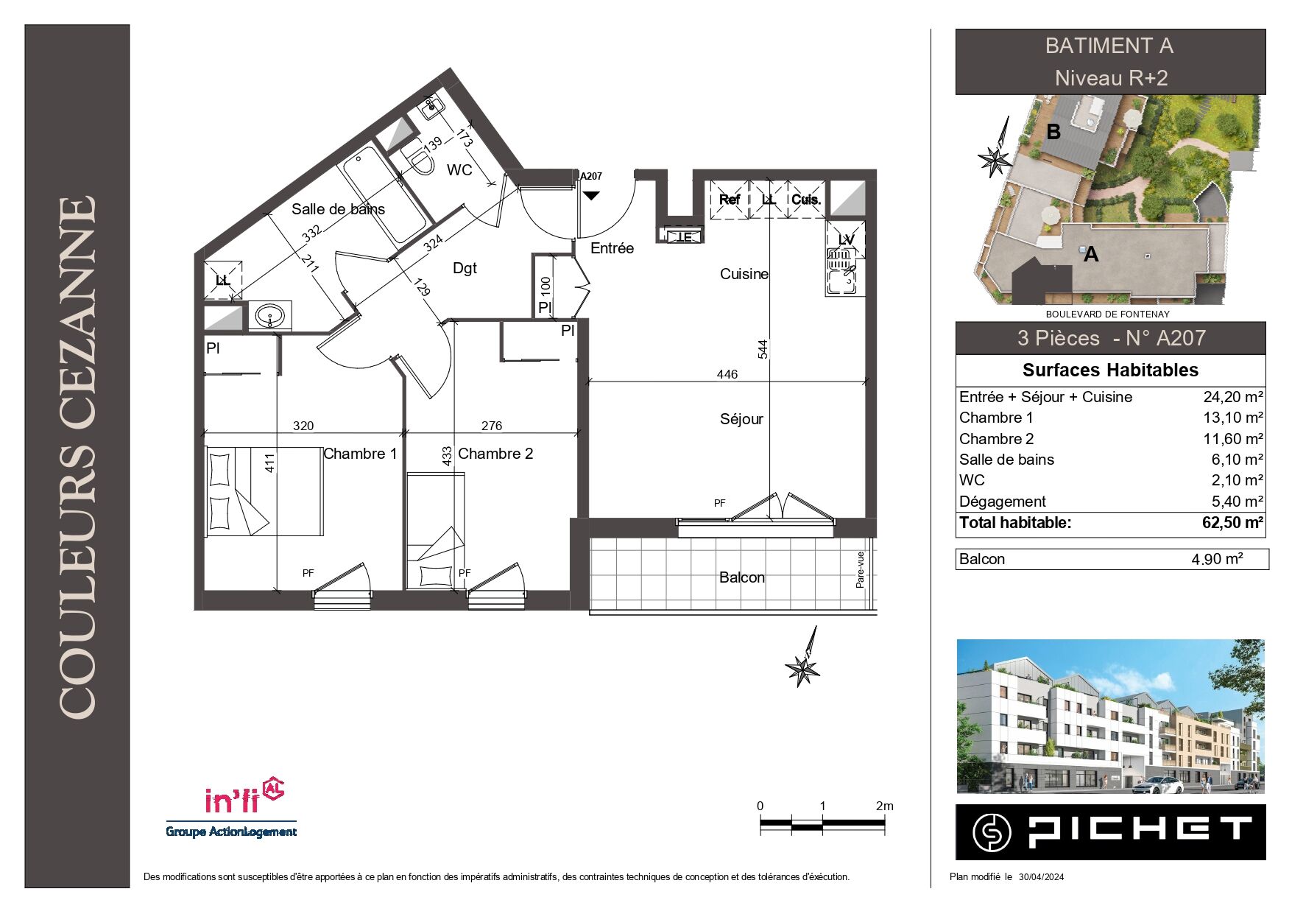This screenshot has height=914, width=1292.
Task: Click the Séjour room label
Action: tap(741, 419)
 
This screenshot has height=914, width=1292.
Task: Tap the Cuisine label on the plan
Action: tap(744, 274)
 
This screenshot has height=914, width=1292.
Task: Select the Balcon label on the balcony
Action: tap(742, 577)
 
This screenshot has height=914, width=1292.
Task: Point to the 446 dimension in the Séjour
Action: tap(727, 374)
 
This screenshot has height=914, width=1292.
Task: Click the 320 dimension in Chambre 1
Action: tap(303, 426)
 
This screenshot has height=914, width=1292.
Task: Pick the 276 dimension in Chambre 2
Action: tap(492, 426)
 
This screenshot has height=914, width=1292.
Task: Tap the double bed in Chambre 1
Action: tap(264, 491)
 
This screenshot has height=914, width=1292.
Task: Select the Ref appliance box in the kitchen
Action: tap(730, 200)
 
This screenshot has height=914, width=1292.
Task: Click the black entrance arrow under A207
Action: tap(591, 196)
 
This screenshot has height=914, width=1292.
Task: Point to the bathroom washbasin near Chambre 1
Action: tap(269, 317)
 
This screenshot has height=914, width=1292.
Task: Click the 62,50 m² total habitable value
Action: tap(1233, 523)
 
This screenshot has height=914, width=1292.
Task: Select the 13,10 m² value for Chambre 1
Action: tap(1233, 418)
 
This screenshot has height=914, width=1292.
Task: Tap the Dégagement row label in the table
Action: tap(1002, 502)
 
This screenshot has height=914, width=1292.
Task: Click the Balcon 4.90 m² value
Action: tap(1217, 559)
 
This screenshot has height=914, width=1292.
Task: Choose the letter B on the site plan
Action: tap(1053, 132)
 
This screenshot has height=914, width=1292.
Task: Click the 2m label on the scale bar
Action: tap(885, 806)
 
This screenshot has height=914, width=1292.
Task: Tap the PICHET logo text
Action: tap(1140, 832)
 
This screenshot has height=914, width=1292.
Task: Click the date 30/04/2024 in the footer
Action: tap(1041, 876)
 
